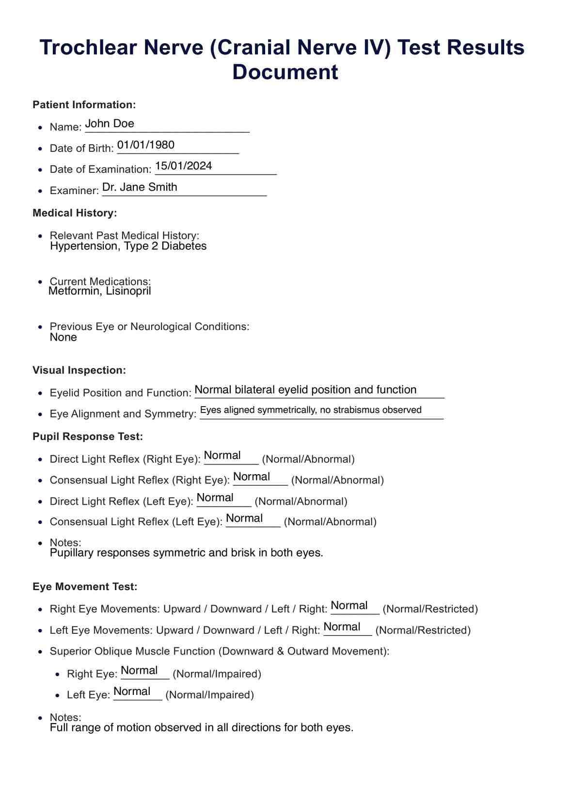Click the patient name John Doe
(110, 124)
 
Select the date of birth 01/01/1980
(146, 145)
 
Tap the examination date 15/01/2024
(184, 166)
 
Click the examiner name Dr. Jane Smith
(140, 187)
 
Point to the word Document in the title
(285, 72)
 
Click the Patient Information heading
(84, 105)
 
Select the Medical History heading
(75, 213)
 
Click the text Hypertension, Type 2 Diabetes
(128, 246)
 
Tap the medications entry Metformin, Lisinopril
(100, 291)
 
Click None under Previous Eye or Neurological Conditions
(63, 337)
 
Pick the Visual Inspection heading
(79, 370)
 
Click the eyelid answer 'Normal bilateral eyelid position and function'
(305, 390)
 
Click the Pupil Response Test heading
(88, 437)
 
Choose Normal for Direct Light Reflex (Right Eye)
(222, 456)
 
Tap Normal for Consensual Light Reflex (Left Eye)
(244, 518)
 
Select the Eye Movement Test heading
(85, 587)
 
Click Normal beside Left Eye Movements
(342, 627)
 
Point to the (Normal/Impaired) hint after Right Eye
(217, 674)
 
